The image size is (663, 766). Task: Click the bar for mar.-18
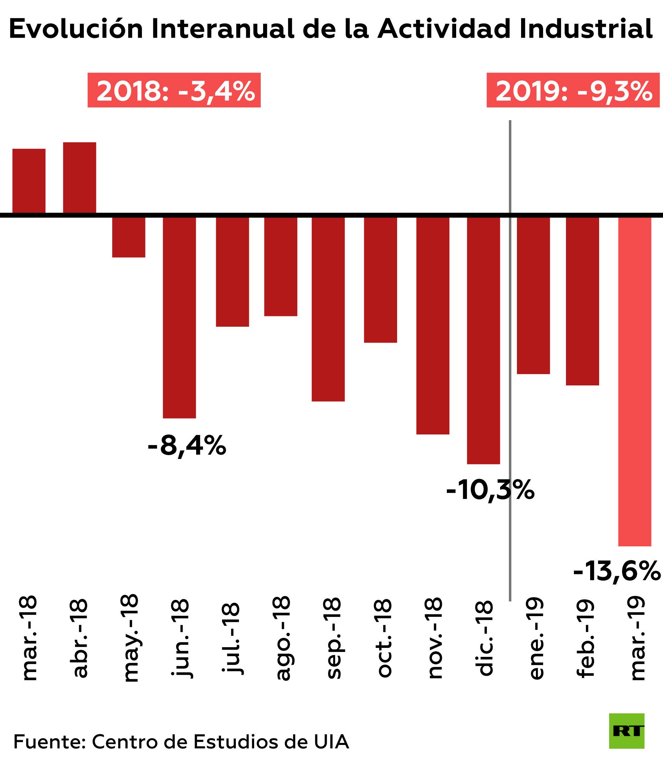[x=29, y=181]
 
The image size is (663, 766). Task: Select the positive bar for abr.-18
[x=79, y=178]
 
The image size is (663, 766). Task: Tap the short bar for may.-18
[x=128, y=237]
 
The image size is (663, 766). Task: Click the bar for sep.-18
[x=328, y=309]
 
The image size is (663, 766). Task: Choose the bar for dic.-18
[x=483, y=340]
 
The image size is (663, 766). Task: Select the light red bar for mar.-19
[x=635, y=381]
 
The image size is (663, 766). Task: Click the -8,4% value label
[x=186, y=446]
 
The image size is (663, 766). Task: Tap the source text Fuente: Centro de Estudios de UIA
[x=181, y=741]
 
